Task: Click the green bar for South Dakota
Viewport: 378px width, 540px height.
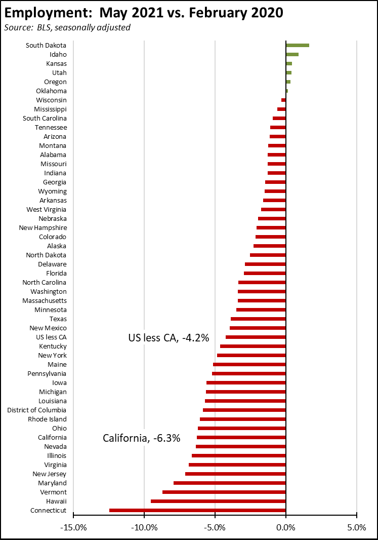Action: coord(298,46)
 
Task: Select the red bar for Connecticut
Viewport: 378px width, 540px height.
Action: coord(197,511)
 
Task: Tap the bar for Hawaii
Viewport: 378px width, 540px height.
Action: coord(218,502)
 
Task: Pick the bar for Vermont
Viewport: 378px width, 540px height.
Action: coord(224,492)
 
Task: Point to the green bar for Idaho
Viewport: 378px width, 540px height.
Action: coord(292,55)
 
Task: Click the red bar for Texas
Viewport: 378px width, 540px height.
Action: coord(258,319)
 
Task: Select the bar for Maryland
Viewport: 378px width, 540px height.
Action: coord(230,483)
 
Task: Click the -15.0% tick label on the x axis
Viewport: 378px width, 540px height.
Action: coord(73,527)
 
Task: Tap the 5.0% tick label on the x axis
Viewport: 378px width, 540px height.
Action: coord(357,527)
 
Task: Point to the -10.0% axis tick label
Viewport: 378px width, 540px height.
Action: coord(144,527)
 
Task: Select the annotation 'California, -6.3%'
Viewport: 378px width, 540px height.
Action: coord(142,438)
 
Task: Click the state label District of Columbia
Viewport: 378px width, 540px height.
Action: coord(36,410)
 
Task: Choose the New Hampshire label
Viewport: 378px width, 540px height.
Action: coord(43,228)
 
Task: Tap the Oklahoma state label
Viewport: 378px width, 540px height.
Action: coord(51,91)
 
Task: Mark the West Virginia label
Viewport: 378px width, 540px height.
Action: coord(46,210)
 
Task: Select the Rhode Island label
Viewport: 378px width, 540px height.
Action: coord(47,419)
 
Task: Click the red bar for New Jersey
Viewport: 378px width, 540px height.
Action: coord(235,474)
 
